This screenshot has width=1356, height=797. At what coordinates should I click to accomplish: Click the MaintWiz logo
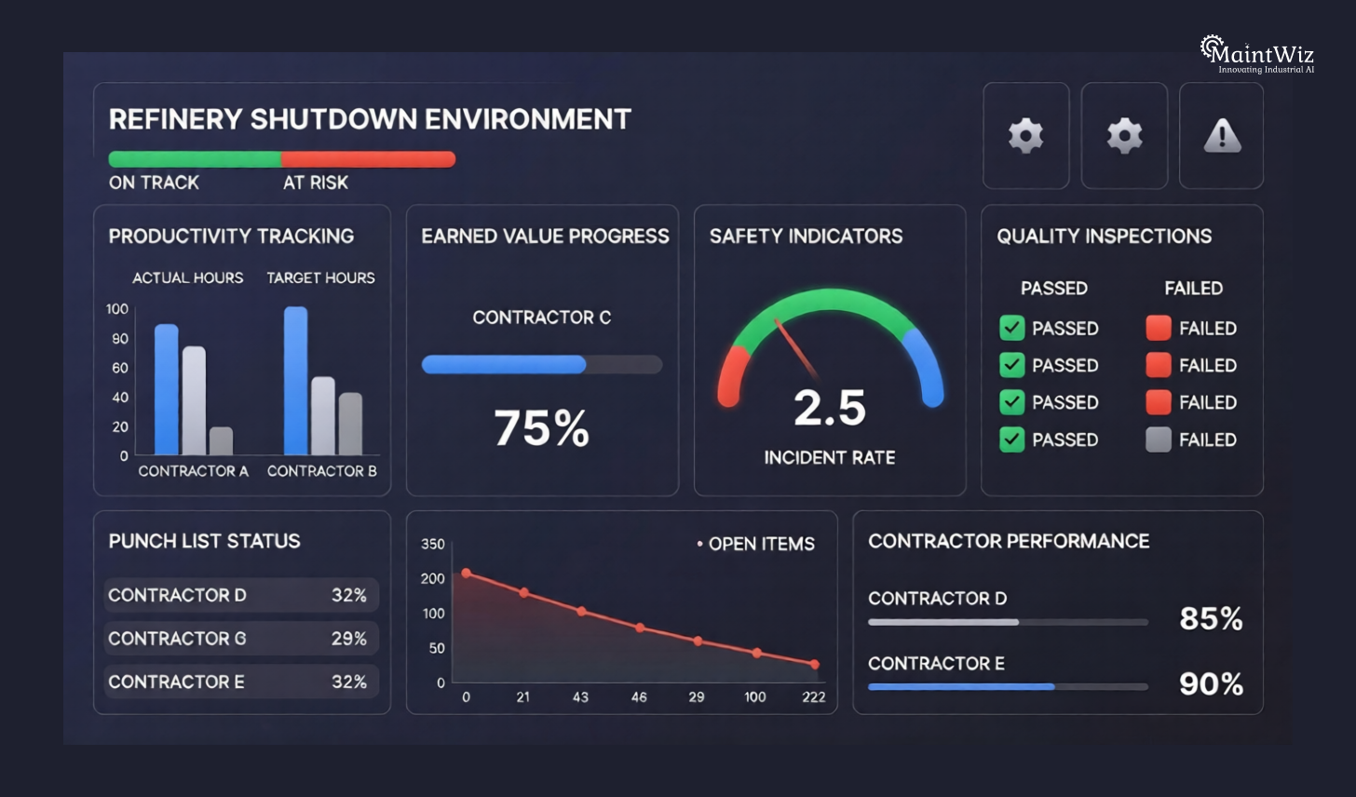point(1256,54)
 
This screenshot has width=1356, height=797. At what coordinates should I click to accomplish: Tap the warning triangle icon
point(1222,136)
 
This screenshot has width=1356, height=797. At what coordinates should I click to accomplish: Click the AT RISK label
point(316,182)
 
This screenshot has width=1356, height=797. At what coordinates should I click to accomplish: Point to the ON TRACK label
point(154,182)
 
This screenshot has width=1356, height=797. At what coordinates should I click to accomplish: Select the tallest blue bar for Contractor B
point(296,380)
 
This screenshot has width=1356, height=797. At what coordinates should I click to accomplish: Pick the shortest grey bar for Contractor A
point(222,440)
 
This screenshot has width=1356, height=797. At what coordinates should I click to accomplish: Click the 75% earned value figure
point(542,428)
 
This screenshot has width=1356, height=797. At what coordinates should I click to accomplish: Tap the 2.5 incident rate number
point(830,408)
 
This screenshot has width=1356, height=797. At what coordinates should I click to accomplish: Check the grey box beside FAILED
point(1159,439)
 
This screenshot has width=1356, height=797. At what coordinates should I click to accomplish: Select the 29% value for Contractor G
point(349,639)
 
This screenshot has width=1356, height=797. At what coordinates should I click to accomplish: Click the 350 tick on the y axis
point(433,544)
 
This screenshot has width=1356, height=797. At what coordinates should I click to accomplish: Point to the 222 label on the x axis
point(814,696)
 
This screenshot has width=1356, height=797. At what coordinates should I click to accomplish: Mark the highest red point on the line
point(467,574)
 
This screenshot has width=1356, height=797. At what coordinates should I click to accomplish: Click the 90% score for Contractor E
point(1211,684)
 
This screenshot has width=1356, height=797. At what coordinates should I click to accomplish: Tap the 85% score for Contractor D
point(1211,618)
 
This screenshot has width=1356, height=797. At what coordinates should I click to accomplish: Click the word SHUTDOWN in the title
point(331,119)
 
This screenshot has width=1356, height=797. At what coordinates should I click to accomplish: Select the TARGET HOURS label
point(320,277)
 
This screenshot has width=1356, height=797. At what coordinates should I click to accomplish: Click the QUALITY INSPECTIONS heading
point(1105,236)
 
